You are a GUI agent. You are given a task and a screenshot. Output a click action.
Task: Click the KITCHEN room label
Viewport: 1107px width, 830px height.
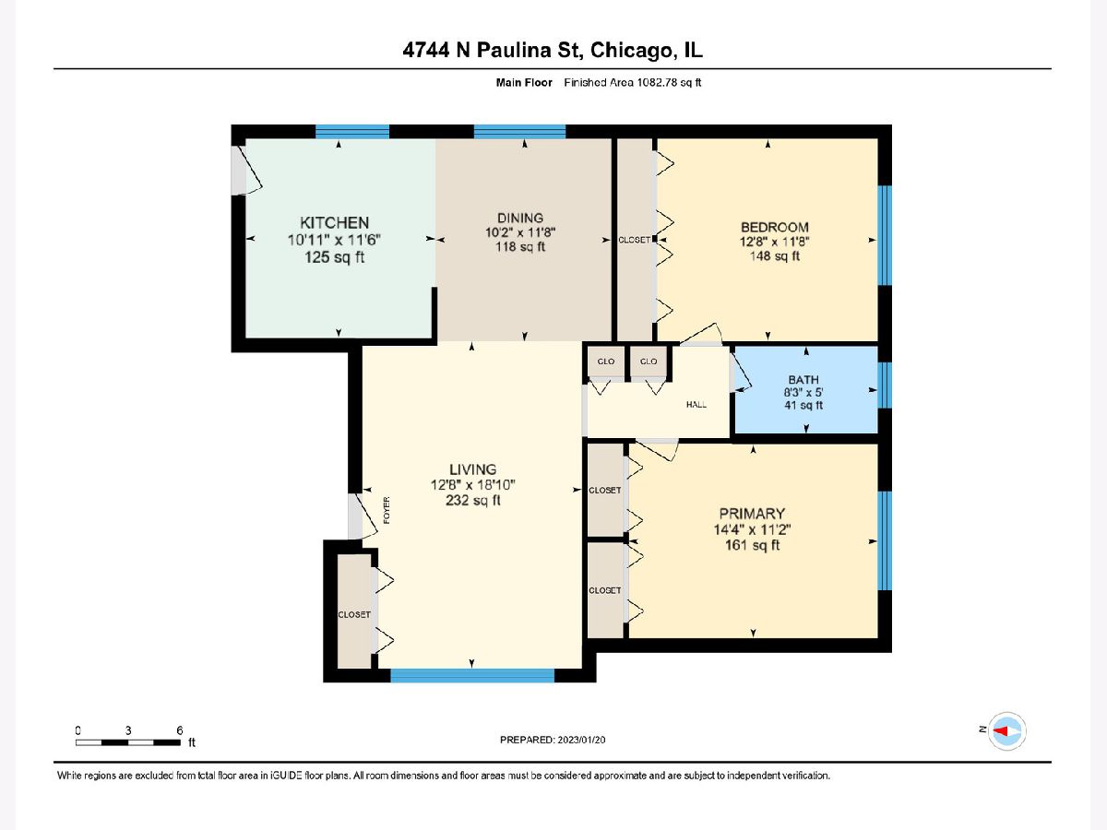[334, 223]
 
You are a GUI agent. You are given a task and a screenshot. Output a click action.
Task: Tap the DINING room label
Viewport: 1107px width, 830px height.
[520, 218]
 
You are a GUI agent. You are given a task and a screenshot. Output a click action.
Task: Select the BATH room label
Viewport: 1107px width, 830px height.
[803, 379]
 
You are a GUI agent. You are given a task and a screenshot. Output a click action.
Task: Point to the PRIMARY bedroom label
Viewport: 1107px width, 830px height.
[752, 514]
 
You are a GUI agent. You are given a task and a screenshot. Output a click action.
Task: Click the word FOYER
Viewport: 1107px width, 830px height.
[387, 510]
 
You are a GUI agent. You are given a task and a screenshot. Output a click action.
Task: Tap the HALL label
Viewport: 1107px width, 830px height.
[696, 404]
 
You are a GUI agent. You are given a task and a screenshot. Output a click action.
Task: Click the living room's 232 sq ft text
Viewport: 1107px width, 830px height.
[473, 500]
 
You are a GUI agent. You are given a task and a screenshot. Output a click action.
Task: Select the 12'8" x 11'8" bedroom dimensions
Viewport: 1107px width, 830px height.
[774, 242]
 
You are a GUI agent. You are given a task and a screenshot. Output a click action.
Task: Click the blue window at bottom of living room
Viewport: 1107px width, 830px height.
[472, 675]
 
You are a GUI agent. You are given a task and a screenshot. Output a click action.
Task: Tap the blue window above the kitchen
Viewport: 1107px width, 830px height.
[352, 132]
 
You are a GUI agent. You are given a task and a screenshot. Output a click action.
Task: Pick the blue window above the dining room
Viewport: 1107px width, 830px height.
[519, 132]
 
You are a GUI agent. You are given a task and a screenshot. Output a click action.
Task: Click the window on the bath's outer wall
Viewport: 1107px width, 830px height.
[885, 385]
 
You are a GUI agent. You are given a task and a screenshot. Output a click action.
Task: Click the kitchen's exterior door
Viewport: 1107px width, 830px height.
[245, 170]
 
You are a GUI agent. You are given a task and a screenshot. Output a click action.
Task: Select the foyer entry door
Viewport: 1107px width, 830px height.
[362, 516]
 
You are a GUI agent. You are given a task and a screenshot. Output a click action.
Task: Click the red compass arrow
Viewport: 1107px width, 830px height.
[1000, 730]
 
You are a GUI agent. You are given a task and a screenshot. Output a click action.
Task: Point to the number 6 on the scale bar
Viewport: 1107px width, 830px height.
[180, 730]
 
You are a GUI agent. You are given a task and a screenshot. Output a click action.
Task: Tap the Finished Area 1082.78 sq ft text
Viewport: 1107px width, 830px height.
[633, 83]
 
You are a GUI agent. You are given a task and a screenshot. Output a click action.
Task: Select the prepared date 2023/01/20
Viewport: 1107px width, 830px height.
[581, 740]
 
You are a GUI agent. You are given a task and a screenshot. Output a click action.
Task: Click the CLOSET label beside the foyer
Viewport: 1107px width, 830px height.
[354, 614]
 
